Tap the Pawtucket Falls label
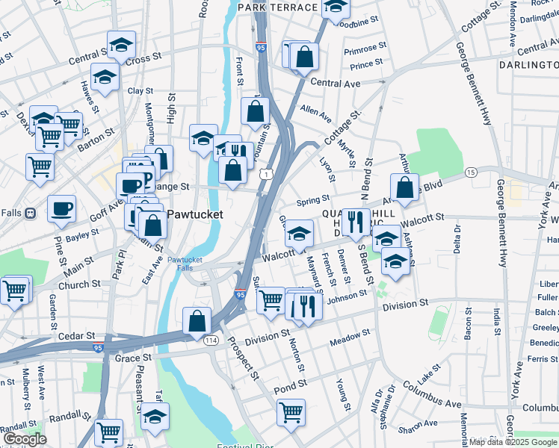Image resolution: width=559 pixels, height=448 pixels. click(x=185, y=264)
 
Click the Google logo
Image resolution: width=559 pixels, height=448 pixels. click(x=25, y=439)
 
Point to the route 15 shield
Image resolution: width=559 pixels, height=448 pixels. click(x=470, y=172)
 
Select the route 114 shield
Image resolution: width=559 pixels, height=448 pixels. click(x=211, y=340)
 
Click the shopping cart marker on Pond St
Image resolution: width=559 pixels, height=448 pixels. click(x=291, y=411)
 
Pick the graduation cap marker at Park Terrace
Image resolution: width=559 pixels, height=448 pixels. click(x=336, y=7)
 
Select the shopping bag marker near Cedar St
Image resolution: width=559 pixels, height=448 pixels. click(x=196, y=322)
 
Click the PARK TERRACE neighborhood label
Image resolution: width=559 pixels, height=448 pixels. click(x=278, y=7)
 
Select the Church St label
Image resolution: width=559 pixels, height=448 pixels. click(x=80, y=284)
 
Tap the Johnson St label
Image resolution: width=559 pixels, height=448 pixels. click(x=347, y=296)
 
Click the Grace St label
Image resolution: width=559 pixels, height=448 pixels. click(x=134, y=358)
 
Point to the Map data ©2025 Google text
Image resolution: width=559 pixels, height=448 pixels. click(x=513, y=442)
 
